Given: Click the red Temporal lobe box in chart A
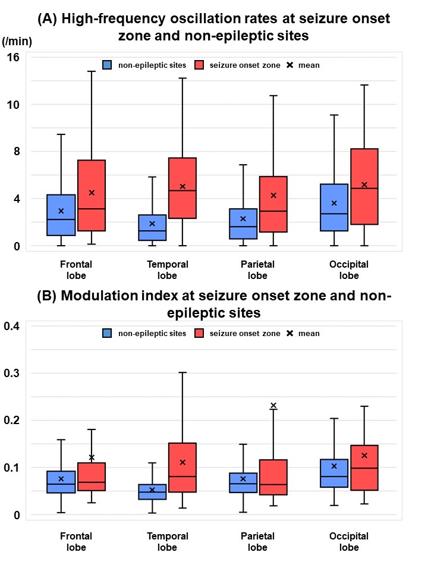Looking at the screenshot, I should coord(182,188).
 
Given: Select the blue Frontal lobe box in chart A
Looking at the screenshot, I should coord(61,215).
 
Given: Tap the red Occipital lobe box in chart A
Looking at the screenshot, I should coord(364,186).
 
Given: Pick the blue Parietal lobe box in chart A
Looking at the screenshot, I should coord(243,224).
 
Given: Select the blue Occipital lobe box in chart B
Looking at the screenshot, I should coord(334,473).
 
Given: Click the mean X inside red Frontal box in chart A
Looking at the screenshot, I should coord(92,193).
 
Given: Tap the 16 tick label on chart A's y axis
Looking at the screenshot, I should coord(14,57).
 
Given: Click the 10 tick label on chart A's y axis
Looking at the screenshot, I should coord(14,105).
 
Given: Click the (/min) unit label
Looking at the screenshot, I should coord(17,41).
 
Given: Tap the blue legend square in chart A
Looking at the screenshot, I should coord(107,65).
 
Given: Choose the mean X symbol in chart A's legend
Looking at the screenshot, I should coord(289,65).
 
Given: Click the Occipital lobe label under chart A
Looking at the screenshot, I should coord(349,269).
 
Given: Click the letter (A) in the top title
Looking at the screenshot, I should coord(48,18).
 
